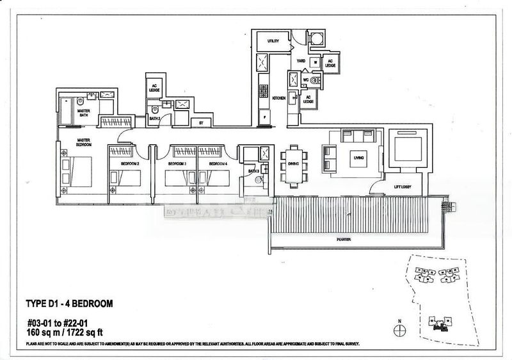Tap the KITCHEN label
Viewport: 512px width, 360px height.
click(x=278, y=98)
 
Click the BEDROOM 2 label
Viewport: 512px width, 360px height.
click(x=131, y=164)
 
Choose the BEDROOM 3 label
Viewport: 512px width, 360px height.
click(x=177, y=164)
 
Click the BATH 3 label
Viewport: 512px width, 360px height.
click(x=253, y=171)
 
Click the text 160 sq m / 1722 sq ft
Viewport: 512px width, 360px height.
click(x=65, y=333)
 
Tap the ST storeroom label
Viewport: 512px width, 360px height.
click(x=201, y=122)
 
